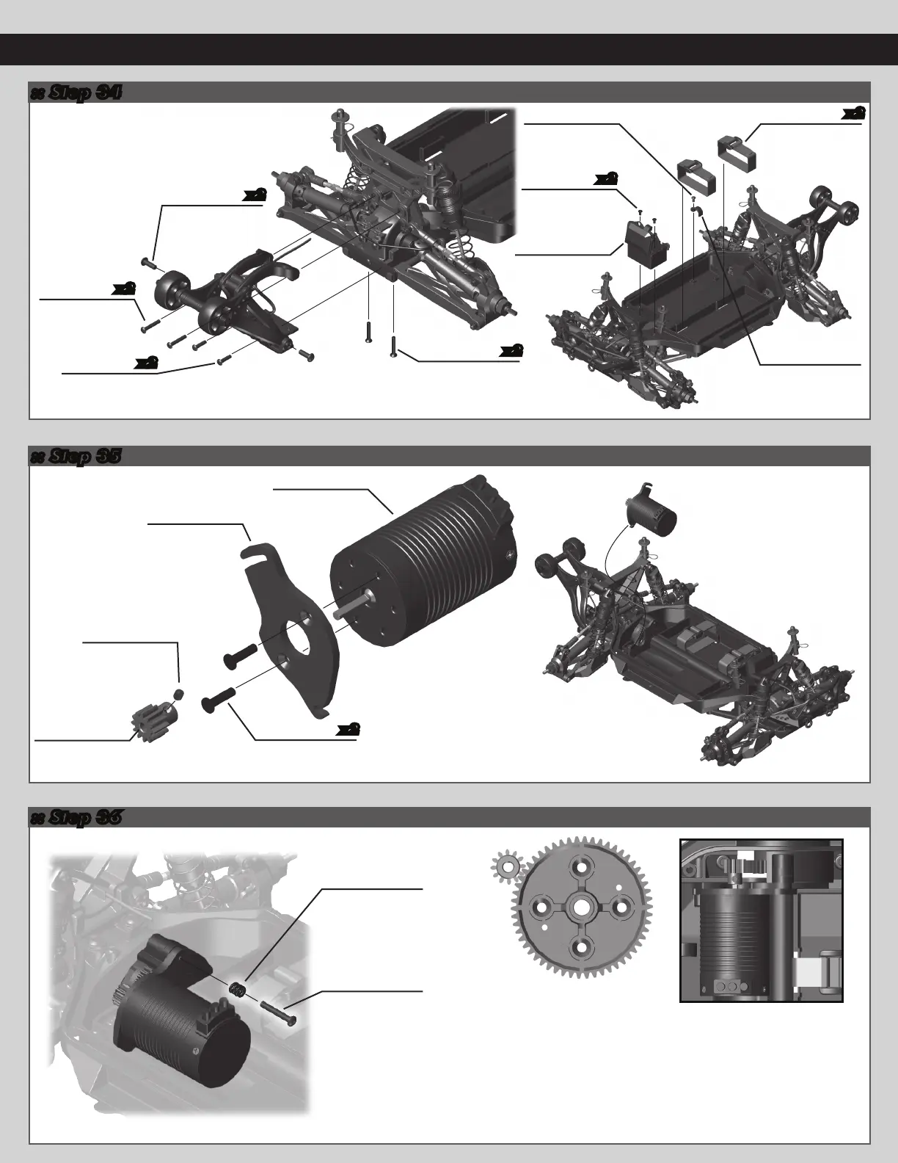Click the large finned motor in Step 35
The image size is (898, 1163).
(x=426, y=565)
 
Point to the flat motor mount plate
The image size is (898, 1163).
(x=290, y=624)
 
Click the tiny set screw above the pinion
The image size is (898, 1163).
(x=178, y=694)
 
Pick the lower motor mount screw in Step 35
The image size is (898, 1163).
(x=220, y=696)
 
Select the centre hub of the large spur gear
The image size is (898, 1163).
(x=580, y=907)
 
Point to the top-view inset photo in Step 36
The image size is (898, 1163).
(x=761, y=920)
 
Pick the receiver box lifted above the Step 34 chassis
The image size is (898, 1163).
(x=640, y=238)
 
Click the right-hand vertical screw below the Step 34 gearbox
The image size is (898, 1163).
(x=395, y=343)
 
